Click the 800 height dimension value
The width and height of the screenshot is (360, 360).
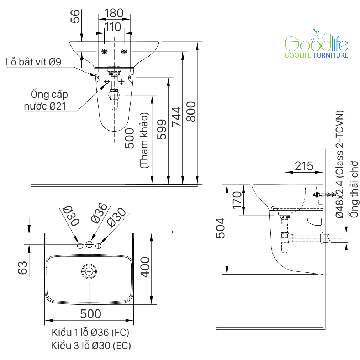[x=191, y=111]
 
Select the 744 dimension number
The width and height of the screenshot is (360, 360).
[x=177, y=116]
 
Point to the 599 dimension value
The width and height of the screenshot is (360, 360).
[x=162, y=129]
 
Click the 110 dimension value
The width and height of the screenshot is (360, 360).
[x=114, y=27]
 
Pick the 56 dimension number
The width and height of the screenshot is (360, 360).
[x=75, y=16]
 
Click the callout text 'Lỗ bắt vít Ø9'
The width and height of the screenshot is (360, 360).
[x=34, y=62]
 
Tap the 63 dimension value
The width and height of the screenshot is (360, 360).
[x=23, y=268]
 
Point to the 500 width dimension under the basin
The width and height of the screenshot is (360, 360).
[x=90, y=314]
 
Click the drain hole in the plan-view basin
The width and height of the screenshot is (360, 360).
[x=89, y=271]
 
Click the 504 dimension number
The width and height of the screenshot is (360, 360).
[x=220, y=228]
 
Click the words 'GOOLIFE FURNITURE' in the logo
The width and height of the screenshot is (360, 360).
[x=317, y=55]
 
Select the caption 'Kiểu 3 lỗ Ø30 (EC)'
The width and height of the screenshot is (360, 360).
[x=91, y=345]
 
